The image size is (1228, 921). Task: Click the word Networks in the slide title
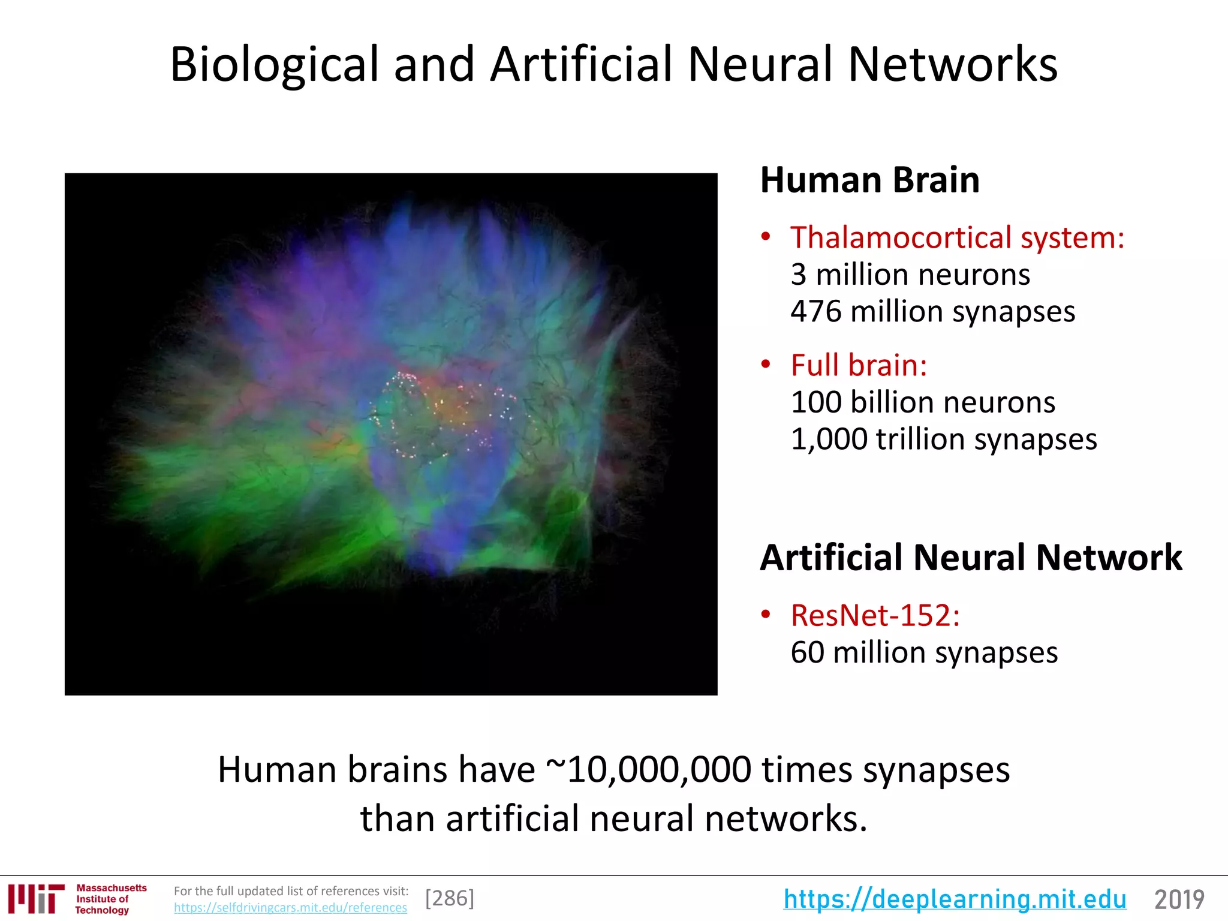(x=953, y=65)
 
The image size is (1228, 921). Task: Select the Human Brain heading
(x=869, y=180)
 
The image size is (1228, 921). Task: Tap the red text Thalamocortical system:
(x=957, y=237)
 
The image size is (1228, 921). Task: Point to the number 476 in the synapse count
(x=815, y=312)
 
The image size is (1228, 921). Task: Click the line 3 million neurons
(x=910, y=275)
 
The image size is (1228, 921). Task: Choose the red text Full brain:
(x=859, y=365)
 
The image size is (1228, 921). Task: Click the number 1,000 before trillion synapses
(x=829, y=440)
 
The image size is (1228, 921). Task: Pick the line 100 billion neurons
(x=923, y=402)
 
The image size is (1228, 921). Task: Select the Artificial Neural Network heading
(x=971, y=558)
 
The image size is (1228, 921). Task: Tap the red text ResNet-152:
(x=875, y=616)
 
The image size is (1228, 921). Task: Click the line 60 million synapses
(x=924, y=652)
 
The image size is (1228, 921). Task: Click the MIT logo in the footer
(x=36, y=899)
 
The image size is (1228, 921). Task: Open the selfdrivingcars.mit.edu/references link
(x=290, y=908)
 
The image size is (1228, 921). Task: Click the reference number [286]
(x=449, y=898)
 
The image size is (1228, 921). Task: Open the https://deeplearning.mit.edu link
(x=955, y=899)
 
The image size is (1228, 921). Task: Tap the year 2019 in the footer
(x=1179, y=899)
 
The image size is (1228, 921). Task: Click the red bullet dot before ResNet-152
(x=766, y=615)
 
